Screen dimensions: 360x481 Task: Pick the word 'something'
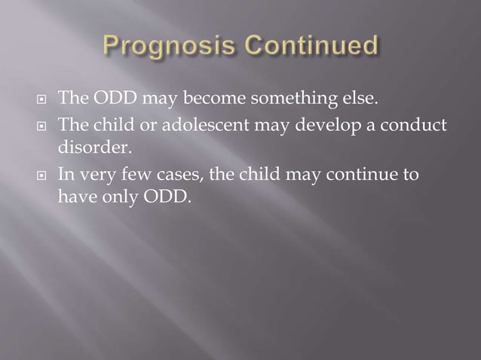pyautogui.click(x=285, y=98)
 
